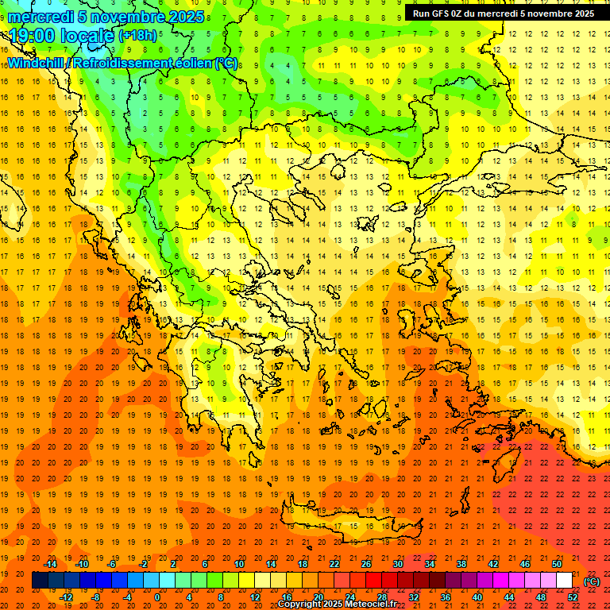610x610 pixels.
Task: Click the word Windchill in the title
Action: click(36, 63)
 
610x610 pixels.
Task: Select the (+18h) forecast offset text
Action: click(137, 36)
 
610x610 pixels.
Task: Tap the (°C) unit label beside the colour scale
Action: click(592, 581)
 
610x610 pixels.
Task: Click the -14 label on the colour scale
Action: click(50, 564)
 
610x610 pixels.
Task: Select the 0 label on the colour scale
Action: click(156, 597)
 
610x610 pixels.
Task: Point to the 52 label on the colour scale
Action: click(573, 597)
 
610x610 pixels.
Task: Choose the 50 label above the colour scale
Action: click(557, 564)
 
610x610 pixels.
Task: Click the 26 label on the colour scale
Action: click(365, 564)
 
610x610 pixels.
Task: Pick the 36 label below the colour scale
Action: click(445, 597)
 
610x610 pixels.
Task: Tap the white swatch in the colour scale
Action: click(565, 581)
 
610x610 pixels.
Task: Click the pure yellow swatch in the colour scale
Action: click(246, 581)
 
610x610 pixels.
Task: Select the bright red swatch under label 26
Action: click(373, 581)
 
